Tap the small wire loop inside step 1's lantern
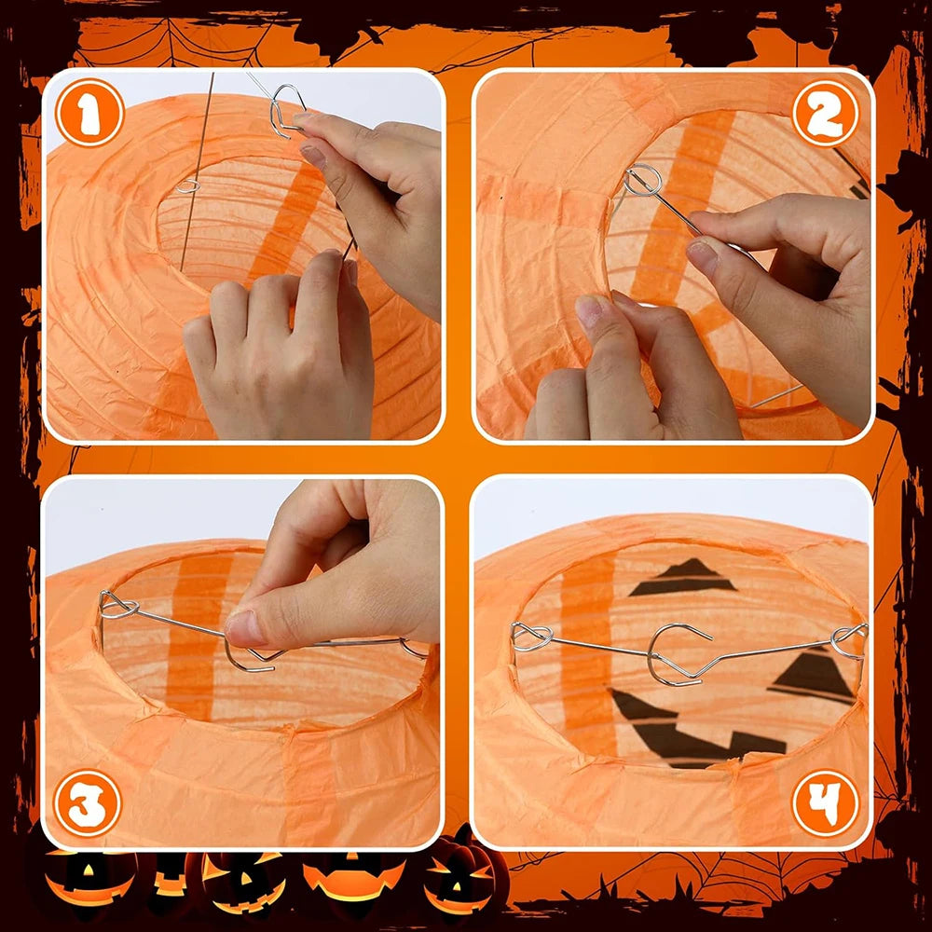pos(188,185)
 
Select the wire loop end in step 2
pos(642,179)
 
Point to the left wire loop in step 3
pos(118,607)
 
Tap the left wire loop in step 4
pos(531,637)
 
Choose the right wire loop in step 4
pos(849,639)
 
